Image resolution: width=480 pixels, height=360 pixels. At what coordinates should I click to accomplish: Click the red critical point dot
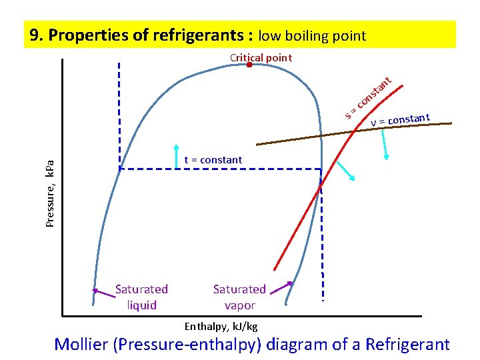pos(249,65)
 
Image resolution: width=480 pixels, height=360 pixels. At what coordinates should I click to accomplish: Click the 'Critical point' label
pos(261,57)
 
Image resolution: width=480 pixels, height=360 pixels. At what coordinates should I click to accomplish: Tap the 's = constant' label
pos(367,99)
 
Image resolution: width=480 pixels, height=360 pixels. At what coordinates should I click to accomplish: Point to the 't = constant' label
pos(213,160)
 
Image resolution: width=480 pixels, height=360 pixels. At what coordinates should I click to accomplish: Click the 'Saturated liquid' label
pos(141,297)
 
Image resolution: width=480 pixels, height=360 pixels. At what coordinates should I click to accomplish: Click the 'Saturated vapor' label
pos(239,297)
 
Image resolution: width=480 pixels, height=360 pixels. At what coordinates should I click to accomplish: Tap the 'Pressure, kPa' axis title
pos(51,194)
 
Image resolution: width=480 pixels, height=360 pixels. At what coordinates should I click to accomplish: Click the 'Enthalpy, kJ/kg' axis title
pos(221,327)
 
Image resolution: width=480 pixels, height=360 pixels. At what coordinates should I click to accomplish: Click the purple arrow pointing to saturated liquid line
pos(103,289)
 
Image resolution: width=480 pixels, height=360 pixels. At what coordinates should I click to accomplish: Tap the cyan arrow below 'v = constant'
pos(385,145)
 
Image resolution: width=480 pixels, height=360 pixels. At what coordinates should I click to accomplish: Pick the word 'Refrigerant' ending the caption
pos(407,345)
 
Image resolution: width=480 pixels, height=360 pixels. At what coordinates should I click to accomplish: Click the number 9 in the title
pos(33,35)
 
